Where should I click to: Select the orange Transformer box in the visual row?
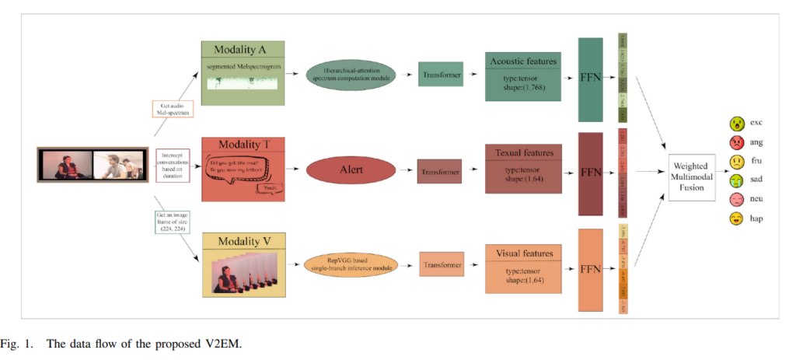[441, 264]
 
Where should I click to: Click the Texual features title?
[523, 153]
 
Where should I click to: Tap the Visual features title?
[523, 253]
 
